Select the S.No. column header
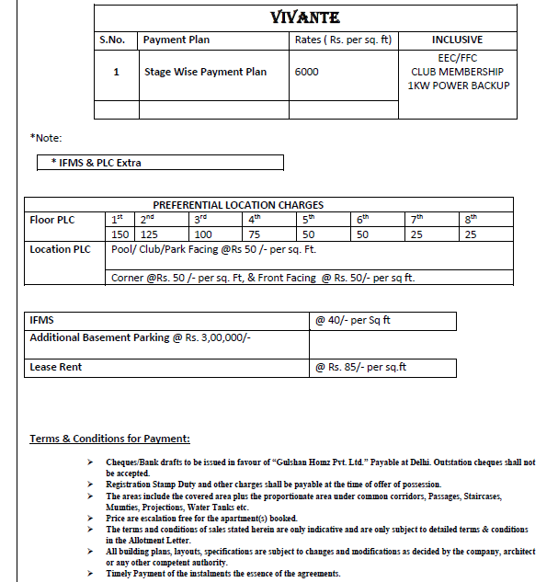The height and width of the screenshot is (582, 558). (x=116, y=40)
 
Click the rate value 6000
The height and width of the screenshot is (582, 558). (x=307, y=72)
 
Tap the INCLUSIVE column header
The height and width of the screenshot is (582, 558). (x=457, y=40)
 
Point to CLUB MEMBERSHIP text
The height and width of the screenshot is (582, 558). (x=457, y=72)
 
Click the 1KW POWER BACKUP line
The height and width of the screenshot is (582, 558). (x=457, y=86)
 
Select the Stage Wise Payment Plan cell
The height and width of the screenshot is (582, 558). (x=205, y=72)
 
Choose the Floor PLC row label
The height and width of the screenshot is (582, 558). (x=52, y=220)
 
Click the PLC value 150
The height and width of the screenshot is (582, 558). (x=120, y=235)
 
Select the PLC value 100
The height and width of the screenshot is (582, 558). (x=203, y=235)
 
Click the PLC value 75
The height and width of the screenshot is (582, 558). (x=256, y=235)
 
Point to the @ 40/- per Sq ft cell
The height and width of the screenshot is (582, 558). (x=353, y=321)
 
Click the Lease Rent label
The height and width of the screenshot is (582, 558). (x=56, y=367)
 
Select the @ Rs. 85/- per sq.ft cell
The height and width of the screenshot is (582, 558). (x=360, y=367)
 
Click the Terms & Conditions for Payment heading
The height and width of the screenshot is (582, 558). (x=109, y=439)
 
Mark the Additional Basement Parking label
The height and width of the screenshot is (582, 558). (x=141, y=337)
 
